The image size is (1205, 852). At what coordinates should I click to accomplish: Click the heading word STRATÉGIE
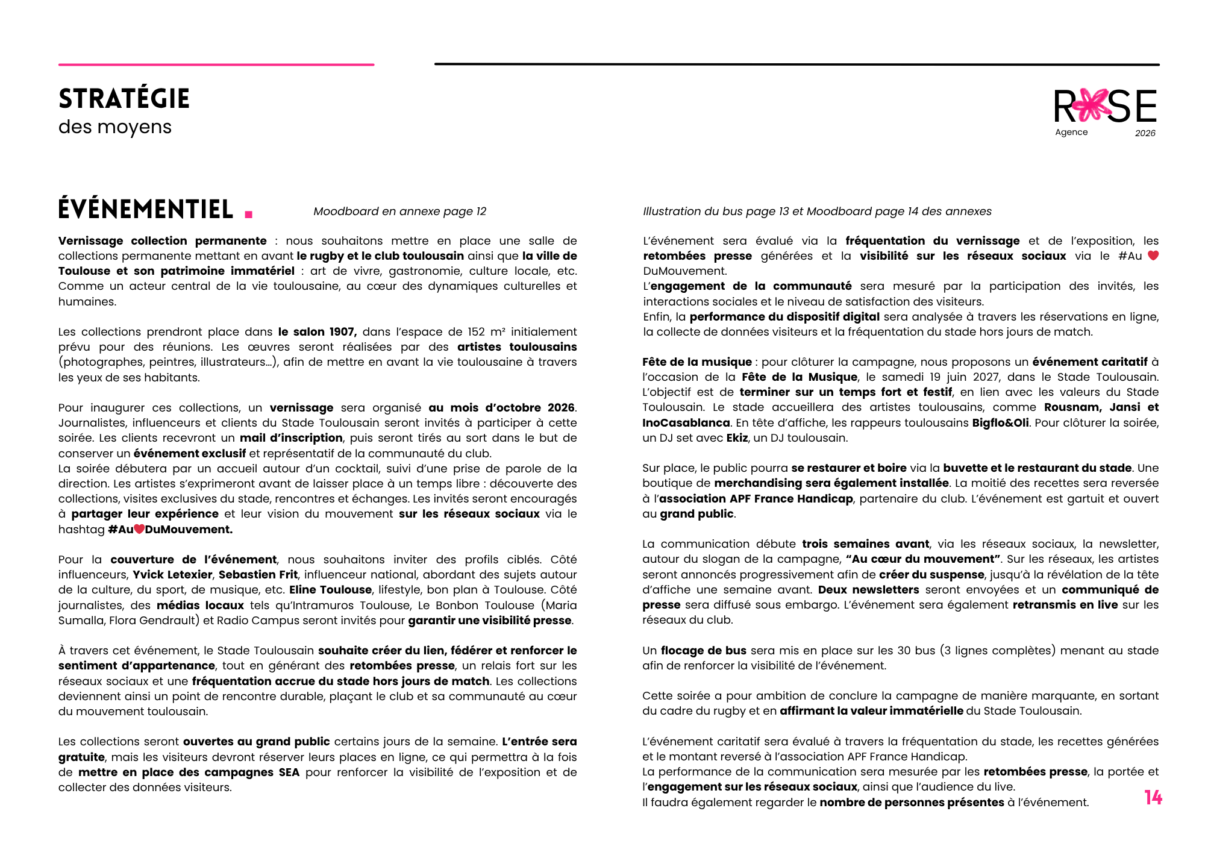pyautogui.click(x=124, y=99)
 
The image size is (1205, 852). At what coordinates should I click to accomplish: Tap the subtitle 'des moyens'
pyautogui.click(x=115, y=127)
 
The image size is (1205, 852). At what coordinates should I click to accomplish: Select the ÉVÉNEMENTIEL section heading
pyautogui.click(x=146, y=209)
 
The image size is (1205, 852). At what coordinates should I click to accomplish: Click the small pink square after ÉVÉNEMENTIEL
pyautogui.click(x=249, y=213)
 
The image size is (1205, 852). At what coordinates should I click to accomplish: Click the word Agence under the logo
pyautogui.click(x=1071, y=132)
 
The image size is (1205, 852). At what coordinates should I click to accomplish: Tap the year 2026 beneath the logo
pyautogui.click(x=1145, y=133)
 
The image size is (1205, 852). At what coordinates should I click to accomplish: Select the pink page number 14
pyautogui.click(x=1153, y=798)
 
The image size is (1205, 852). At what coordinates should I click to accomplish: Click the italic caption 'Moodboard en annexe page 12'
pyautogui.click(x=399, y=211)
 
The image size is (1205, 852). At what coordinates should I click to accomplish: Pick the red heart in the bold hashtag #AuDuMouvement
pyautogui.click(x=139, y=529)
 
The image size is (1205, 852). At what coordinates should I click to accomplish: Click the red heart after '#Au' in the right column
pyautogui.click(x=1153, y=255)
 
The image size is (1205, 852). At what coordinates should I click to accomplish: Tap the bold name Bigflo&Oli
pyautogui.click(x=1000, y=423)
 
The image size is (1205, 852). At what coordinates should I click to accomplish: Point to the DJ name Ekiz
pyautogui.click(x=737, y=438)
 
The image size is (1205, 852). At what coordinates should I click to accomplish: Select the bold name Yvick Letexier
pyautogui.click(x=172, y=575)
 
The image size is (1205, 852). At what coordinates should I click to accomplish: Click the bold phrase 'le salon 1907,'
pyautogui.click(x=317, y=332)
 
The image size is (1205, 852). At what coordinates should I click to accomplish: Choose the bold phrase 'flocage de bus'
pyautogui.click(x=703, y=651)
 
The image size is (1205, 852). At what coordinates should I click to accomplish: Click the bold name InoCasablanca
pyautogui.click(x=686, y=423)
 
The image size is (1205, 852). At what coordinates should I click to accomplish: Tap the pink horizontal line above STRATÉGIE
pyautogui.click(x=216, y=64)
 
